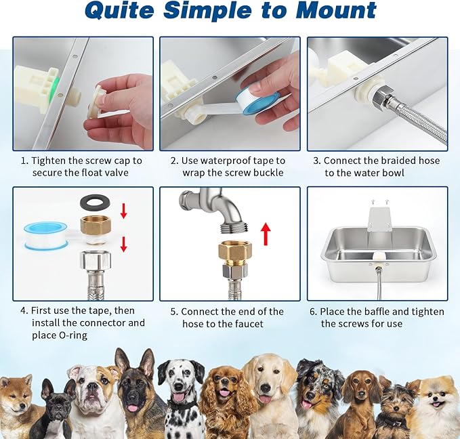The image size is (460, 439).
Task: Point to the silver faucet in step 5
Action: point(209,210)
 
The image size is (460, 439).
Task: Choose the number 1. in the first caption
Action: point(24,161)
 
